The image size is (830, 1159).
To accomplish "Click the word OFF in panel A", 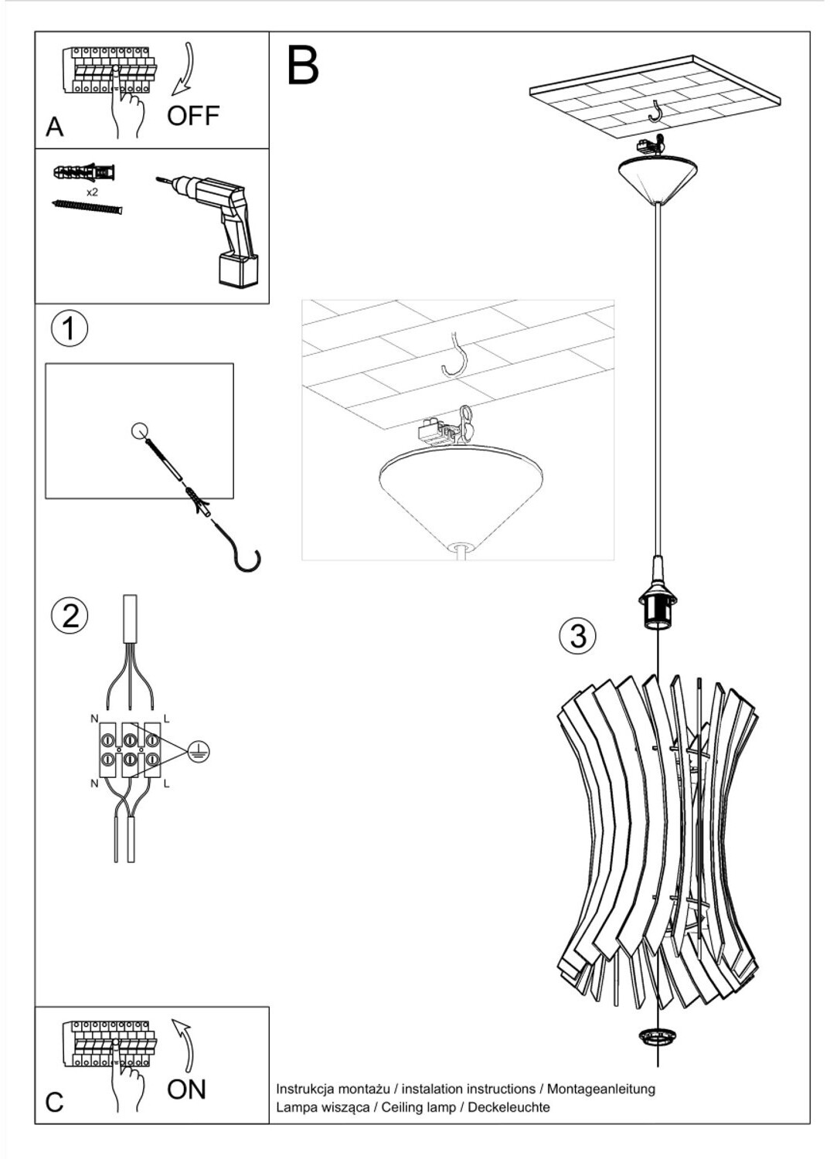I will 193,116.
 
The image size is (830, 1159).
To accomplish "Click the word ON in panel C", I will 187,1089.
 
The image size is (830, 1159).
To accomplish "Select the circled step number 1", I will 70,328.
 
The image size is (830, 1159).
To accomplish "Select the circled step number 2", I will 70,616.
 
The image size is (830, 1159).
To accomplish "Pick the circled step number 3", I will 577,635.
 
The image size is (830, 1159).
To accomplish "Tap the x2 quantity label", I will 92,192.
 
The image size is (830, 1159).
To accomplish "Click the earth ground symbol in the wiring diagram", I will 199,750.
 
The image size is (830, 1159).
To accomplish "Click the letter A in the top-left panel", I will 54,127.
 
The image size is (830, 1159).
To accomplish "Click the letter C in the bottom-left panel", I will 54,1102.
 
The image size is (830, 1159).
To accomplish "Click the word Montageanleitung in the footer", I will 601,1089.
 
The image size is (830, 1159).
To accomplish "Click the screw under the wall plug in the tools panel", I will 87,206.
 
